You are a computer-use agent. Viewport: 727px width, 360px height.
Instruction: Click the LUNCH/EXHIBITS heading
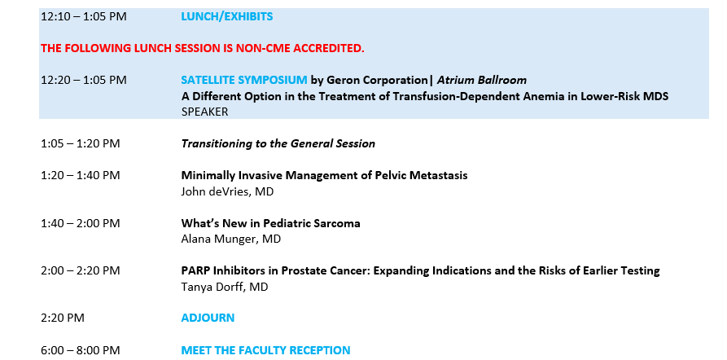point(226,17)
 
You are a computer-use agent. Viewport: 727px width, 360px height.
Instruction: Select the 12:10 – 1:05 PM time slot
point(84,17)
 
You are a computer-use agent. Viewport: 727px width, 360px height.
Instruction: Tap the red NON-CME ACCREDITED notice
point(203,48)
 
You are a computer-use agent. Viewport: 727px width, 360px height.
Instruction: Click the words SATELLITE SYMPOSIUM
point(244,80)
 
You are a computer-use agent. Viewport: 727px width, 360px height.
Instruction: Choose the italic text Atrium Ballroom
point(482,80)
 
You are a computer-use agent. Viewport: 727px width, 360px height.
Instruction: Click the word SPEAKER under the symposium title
point(204,112)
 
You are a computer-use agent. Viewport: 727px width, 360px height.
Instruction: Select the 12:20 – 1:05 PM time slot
point(84,81)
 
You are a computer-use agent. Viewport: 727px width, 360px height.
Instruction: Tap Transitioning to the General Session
point(278,144)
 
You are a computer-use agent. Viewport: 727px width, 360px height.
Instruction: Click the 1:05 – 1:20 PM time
point(81,144)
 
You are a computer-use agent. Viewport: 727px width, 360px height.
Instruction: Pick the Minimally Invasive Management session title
point(324,175)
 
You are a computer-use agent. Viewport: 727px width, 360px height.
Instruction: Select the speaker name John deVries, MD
point(227,191)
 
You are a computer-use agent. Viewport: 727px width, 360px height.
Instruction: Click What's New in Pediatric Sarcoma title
point(271,223)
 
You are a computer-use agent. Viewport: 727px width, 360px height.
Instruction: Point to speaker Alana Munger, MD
point(231,239)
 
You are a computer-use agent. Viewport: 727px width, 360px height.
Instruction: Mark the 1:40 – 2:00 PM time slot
point(81,223)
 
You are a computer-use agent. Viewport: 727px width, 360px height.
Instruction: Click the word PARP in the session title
point(193,270)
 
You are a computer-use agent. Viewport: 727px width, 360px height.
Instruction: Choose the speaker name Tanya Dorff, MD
point(225,287)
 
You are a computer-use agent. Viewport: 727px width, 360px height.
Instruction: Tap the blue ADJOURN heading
point(208,318)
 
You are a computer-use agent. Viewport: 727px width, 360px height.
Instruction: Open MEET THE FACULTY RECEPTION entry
point(265,349)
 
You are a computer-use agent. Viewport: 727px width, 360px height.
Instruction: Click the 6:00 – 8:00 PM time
point(81,349)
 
